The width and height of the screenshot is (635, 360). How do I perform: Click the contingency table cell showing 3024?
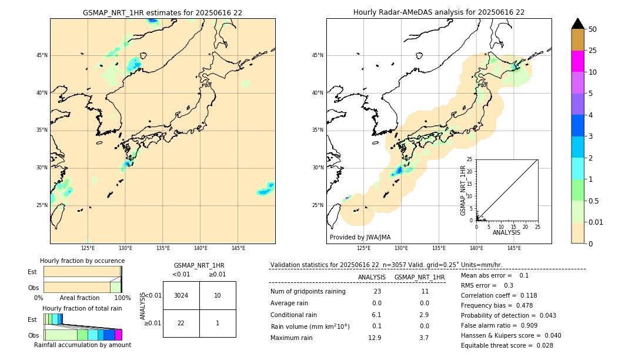[x=181, y=295]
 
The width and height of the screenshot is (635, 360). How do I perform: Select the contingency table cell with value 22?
[x=181, y=323]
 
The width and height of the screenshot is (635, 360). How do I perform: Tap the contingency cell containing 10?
[x=218, y=295]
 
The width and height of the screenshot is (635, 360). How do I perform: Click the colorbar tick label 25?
[x=593, y=51]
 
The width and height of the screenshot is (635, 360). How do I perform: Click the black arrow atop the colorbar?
[x=578, y=24]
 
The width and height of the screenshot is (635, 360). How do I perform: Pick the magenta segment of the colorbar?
[x=578, y=61]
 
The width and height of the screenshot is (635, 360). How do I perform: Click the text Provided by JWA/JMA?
[x=360, y=237]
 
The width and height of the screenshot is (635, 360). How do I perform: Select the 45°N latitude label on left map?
[x=42, y=55]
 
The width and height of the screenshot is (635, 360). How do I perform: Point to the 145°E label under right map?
[x=514, y=248]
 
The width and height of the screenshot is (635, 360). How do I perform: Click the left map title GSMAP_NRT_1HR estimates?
[x=162, y=12]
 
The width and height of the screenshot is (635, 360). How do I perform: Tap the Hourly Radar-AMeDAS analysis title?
[x=439, y=12]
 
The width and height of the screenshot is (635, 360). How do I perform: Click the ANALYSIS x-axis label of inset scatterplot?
[x=506, y=232]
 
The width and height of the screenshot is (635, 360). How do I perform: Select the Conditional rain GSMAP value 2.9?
[x=424, y=315]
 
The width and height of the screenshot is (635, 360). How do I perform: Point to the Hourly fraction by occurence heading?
[x=82, y=261]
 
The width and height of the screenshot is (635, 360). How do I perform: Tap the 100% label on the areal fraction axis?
[x=122, y=298]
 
